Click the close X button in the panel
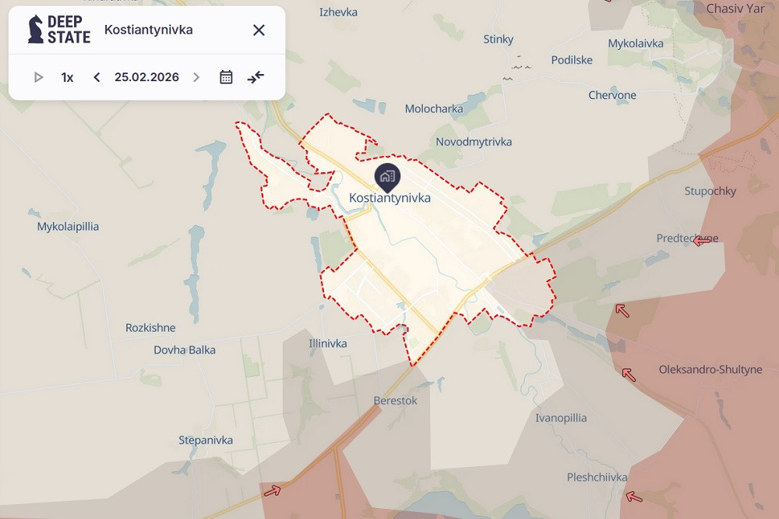pyautogui.click(x=259, y=30)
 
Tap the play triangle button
pyautogui.click(x=38, y=77)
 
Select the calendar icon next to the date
pyautogui.click(x=226, y=77)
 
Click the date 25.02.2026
pyautogui.click(x=146, y=77)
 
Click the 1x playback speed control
pyautogui.click(x=68, y=77)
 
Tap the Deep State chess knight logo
pyautogui.click(x=36, y=30)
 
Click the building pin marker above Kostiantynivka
pyautogui.click(x=386, y=176)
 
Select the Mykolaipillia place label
pyautogui.click(x=69, y=227)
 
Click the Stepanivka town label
pyautogui.click(x=206, y=440)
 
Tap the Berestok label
pyautogui.click(x=396, y=401)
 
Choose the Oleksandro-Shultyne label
pyautogui.click(x=710, y=369)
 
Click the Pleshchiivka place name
pyautogui.click(x=597, y=477)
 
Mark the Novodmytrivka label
pyautogui.click(x=474, y=142)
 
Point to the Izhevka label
pyautogui.click(x=338, y=12)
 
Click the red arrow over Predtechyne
pyautogui.click(x=702, y=241)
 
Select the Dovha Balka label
pyautogui.click(x=185, y=350)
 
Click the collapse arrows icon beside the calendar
pyautogui.click(x=256, y=77)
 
